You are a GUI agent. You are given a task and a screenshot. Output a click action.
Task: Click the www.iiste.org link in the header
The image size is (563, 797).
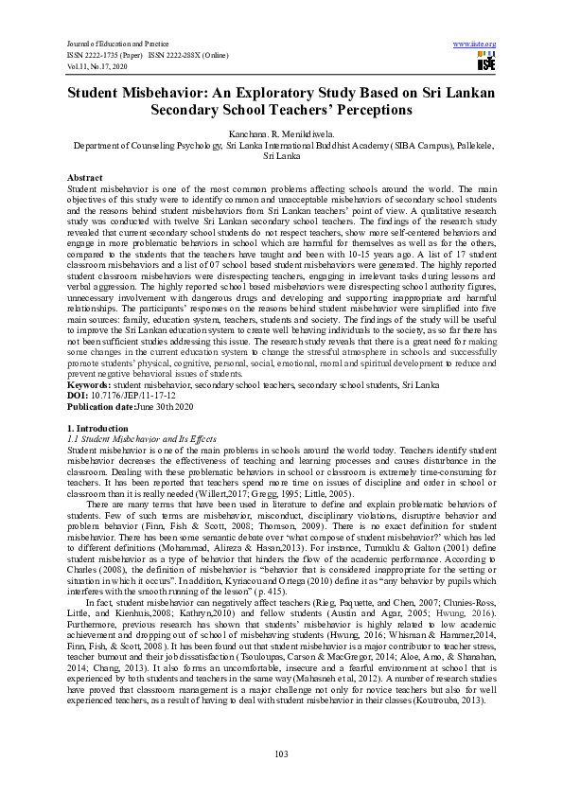474,44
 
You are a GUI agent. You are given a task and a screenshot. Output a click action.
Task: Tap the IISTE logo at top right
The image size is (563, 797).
485,63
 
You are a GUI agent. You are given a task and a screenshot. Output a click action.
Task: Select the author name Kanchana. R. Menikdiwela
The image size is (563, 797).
281,136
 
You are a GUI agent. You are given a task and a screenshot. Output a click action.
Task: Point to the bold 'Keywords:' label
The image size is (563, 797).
89,385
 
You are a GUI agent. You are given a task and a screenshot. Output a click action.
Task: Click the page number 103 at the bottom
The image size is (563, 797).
281,753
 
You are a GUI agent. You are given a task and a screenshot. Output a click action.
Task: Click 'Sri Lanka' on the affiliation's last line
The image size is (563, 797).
281,157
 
